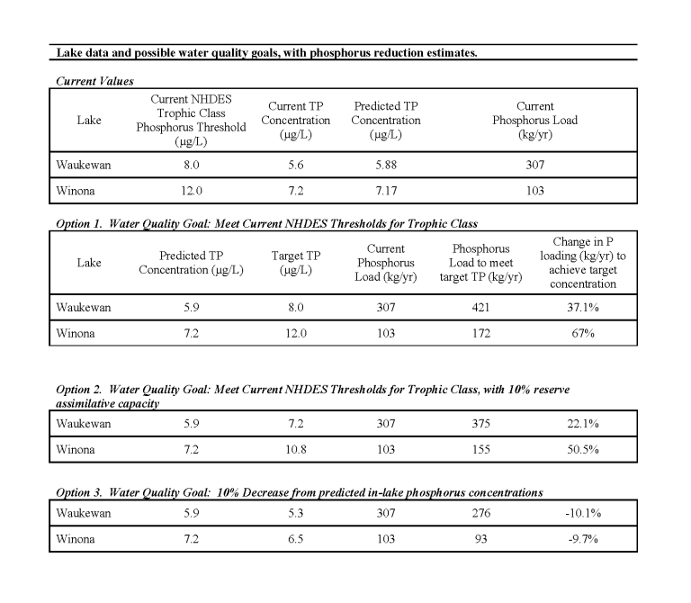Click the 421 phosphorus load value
tap(487, 308)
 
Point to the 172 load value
tap(487, 334)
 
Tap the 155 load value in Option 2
tap(487, 449)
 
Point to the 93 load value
tap(487, 539)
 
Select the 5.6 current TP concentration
tap(287, 166)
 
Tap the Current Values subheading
tap(94, 81)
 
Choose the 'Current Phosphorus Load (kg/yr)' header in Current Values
tap(535, 120)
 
